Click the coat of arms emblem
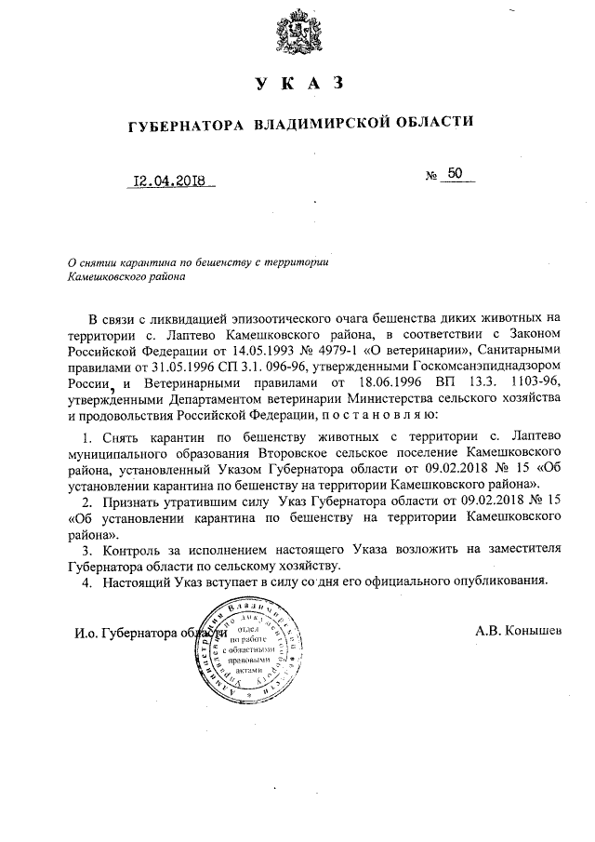pos(297,34)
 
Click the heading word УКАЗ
pos(297,85)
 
